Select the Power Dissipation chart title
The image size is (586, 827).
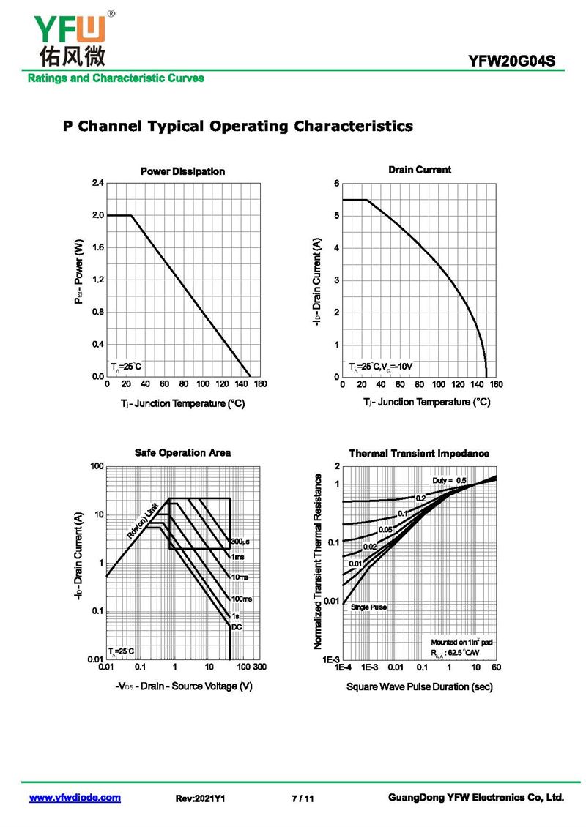pyautogui.click(x=182, y=171)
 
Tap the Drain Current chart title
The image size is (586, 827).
pyautogui.click(x=420, y=170)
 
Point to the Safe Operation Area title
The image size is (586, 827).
pyautogui.click(x=182, y=453)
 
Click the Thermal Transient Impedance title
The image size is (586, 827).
pyautogui.click(x=419, y=454)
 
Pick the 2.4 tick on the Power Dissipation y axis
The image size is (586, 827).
pyautogui.click(x=97, y=183)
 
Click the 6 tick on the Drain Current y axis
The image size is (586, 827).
pyautogui.click(x=336, y=184)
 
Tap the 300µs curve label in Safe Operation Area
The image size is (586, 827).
pyautogui.click(x=240, y=542)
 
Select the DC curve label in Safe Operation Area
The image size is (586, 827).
pyautogui.click(x=236, y=627)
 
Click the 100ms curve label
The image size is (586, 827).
pyautogui.click(x=242, y=599)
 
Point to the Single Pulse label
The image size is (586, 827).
pyautogui.click(x=368, y=607)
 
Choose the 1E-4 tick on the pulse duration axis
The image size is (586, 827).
pyautogui.click(x=343, y=668)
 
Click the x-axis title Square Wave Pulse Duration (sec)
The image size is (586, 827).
pyautogui.click(x=419, y=686)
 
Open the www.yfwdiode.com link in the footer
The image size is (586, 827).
pyautogui.click(x=75, y=798)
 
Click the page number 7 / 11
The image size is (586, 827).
pyautogui.click(x=303, y=798)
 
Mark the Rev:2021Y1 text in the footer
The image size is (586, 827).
pyautogui.click(x=200, y=798)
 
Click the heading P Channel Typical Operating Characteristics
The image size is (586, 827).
pyautogui.click(x=237, y=126)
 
